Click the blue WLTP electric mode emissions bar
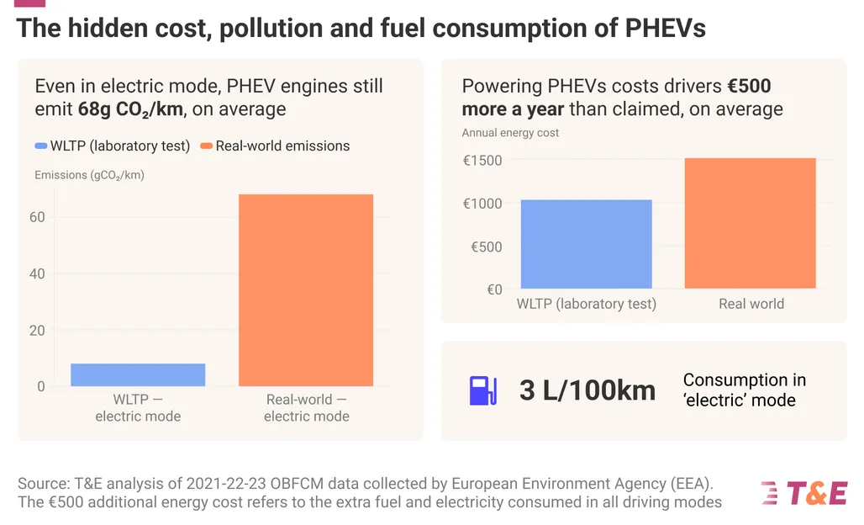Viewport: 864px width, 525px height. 138,374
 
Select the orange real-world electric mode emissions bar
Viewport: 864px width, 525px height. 306,290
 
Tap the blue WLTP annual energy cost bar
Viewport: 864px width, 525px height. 587,244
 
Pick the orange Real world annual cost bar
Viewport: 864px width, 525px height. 751,223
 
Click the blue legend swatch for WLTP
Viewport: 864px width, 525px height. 40,146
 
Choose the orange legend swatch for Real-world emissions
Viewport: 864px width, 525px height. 207,146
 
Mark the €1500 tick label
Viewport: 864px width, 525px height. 482,160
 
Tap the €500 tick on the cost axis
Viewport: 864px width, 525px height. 487,247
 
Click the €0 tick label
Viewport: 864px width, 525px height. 494,289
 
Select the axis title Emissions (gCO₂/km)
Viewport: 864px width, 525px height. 89,175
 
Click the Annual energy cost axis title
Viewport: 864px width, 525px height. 510,132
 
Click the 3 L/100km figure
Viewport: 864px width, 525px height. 587,390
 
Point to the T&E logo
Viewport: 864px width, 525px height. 804,493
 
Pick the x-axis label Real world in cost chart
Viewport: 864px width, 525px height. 751,304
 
